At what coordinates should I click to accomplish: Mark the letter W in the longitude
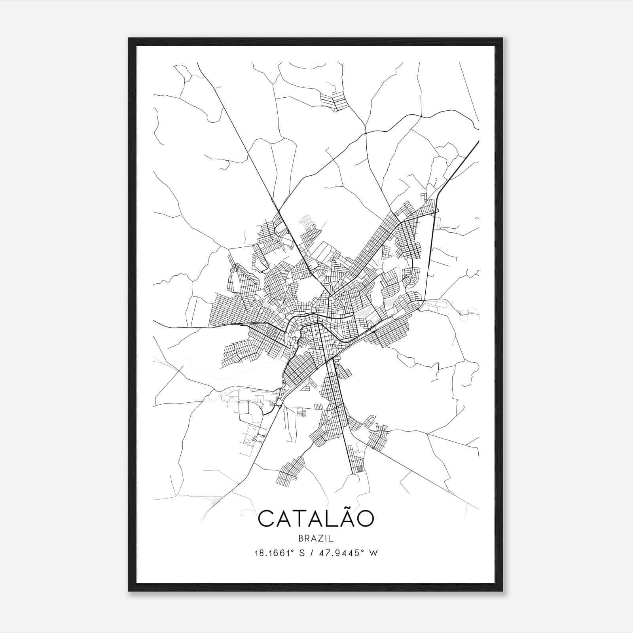[x=373, y=553]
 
